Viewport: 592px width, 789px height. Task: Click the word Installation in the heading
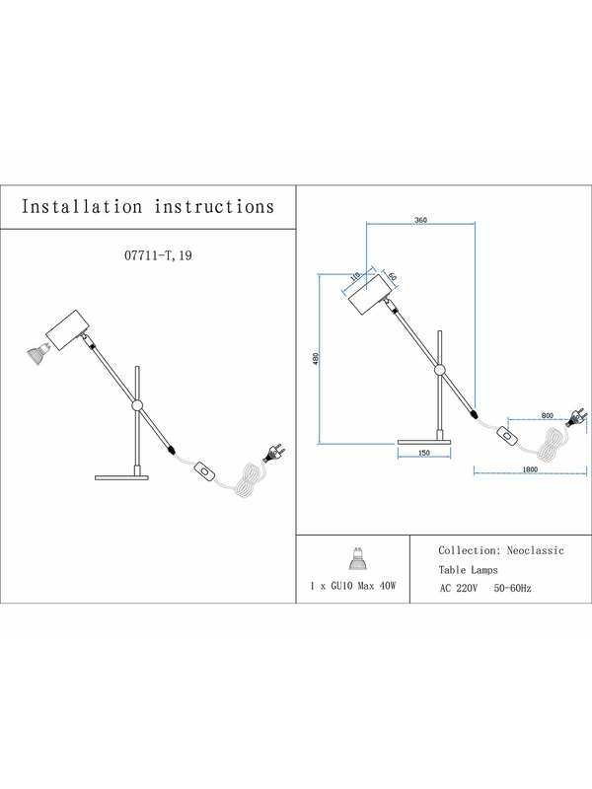pos(82,207)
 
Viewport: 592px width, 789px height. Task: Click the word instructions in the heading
pos(214,207)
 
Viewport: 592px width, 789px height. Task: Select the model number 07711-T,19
pos(158,255)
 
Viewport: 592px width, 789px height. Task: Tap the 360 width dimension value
pos(421,220)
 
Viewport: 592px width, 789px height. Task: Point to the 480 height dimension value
pos(316,359)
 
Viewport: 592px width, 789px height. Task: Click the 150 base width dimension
pos(424,453)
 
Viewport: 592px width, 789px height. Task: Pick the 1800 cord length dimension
pos(530,469)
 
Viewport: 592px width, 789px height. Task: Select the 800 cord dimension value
pos(548,415)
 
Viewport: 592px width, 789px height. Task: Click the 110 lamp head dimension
pos(355,276)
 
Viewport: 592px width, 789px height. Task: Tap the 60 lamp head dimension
pos(392,276)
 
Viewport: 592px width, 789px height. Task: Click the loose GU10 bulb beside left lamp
pos(38,353)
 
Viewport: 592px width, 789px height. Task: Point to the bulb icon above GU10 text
pos(358,558)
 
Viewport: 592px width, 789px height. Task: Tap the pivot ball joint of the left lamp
pos(137,405)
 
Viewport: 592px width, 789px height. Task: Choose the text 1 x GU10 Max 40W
pos(353,586)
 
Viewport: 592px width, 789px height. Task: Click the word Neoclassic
pos(535,550)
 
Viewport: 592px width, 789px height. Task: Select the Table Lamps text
pos(468,570)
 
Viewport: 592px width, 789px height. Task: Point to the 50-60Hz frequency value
pos(512,588)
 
